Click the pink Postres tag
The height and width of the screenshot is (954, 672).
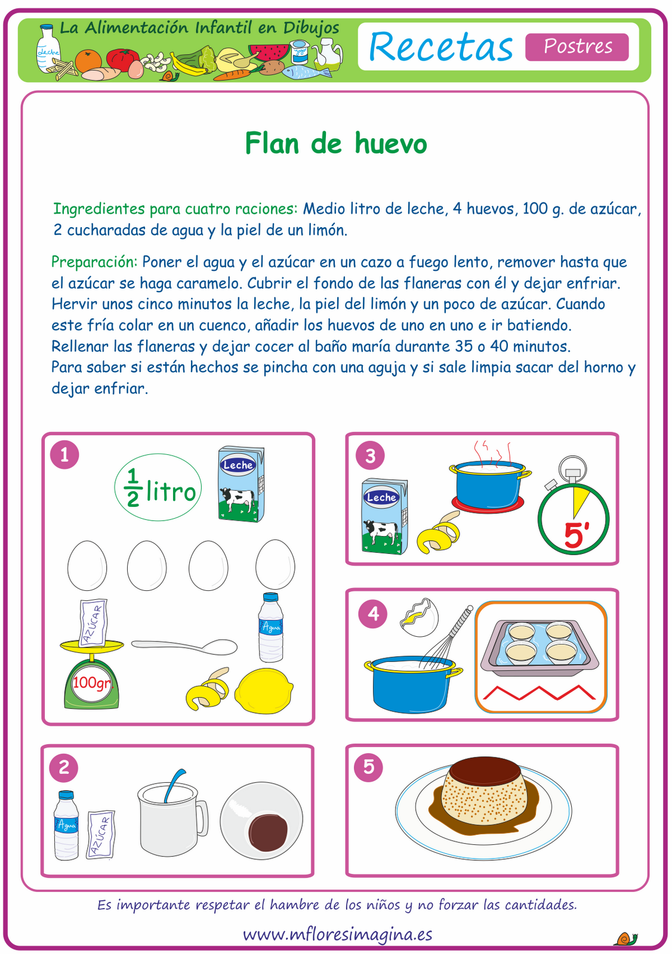(577, 47)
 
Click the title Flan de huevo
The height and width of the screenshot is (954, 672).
(336, 144)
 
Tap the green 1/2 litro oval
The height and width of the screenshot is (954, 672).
(158, 488)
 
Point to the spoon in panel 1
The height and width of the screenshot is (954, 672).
(185, 646)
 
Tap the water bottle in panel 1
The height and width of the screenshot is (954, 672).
(270, 628)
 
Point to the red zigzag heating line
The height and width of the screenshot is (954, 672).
(540, 692)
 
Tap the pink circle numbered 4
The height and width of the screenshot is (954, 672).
(373, 614)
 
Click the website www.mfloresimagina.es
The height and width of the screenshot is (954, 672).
(337, 934)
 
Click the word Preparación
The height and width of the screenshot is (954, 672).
(94, 262)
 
